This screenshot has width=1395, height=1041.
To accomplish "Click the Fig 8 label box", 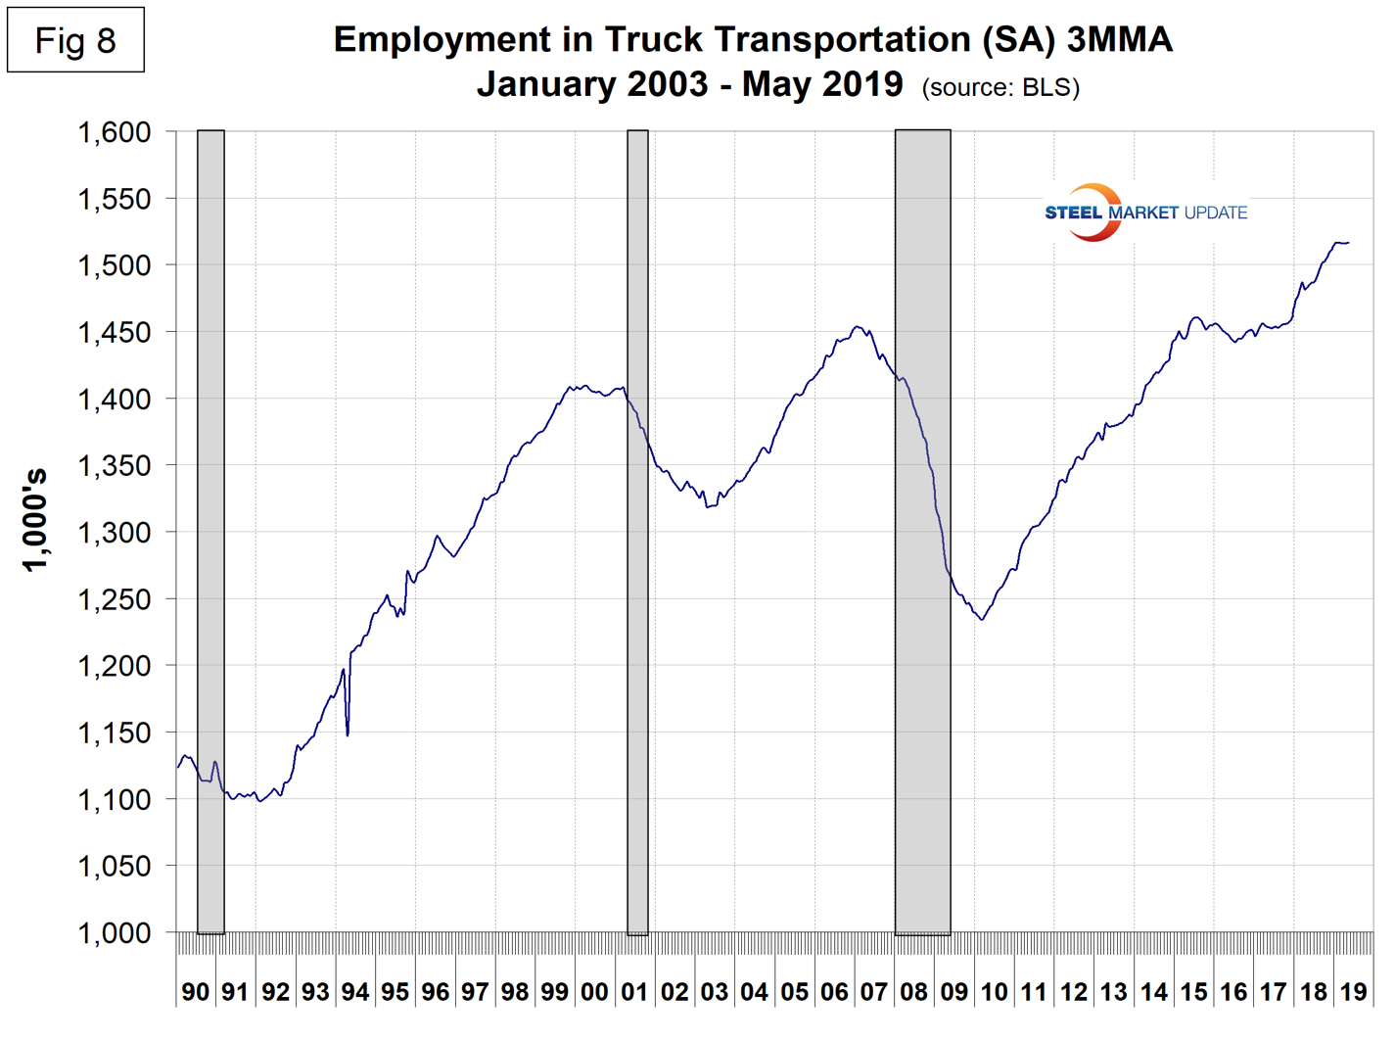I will pyautogui.click(x=75, y=40).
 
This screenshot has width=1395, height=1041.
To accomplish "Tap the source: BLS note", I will pyautogui.click(x=1000, y=87).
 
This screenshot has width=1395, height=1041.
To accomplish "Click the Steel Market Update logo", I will pyautogui.click(x=1144, y=213).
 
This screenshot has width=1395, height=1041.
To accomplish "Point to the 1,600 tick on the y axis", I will pyautogui.click(x=114, y=132).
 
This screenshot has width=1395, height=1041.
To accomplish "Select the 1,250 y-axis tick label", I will pyautogui.click(x=114, y=599).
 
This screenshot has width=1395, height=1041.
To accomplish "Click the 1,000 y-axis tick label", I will pyautogui.click(x=114, y=933).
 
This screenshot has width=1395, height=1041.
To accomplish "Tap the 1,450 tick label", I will pyautogui.click(x=114, y=333).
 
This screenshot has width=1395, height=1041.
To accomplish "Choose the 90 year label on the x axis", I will pyautogui.click(x=196, y=992).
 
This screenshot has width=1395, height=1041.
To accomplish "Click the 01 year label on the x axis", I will pyautogui.click(x=634, y=992).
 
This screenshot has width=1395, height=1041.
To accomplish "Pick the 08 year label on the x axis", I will pyautogui.click(x=913, y=992).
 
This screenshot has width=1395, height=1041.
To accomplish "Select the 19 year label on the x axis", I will pyautogui.click(x=1353, y=992).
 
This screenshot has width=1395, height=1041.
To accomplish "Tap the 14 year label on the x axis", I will pyautogui.click(x=1153, y=992).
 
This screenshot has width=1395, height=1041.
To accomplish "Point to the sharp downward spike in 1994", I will pyautogui.click(x=348, y=733).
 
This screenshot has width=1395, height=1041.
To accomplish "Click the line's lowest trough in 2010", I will pyautogui.click(x=982, y=619).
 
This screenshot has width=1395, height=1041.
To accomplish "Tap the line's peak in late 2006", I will pyautogui.click(x=858, y=327).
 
